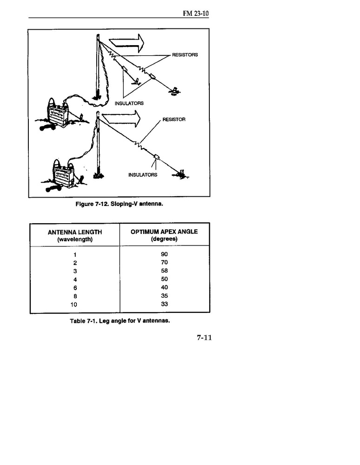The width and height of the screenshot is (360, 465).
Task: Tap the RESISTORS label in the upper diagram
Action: pyautogui.click(x=185, y=54)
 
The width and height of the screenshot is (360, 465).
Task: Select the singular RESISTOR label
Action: pyautogui.click(x=174, y=120)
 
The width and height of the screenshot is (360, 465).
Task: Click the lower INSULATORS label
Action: pyautogui.click(x=143, y=175)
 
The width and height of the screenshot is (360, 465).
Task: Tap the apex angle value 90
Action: pyautogui.click(x=164, y=254)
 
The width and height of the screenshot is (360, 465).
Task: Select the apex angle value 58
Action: pyautogui.click(x=164, y=271)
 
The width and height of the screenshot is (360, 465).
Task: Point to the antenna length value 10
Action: pyautogui.click(x=74, y=305)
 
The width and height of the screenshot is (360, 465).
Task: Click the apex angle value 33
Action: pyautogui.click(x=164, y=304)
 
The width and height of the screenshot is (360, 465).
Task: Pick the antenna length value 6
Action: pyautogui.click(x=74, y=288)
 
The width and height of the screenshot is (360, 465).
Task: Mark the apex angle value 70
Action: pyautogui.click(x=164, y=262)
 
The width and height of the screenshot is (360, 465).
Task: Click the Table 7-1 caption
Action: pyautogui.click(x=119, y=321)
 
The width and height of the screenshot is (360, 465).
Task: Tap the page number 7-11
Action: pyautogui.click(x=204, y=338)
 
